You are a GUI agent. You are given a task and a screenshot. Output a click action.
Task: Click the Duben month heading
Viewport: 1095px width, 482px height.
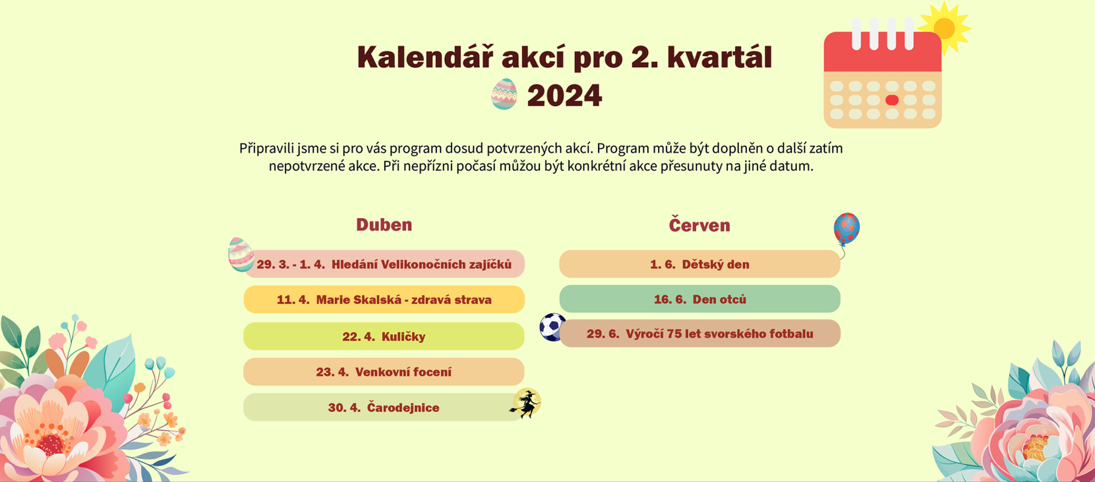[384, 225]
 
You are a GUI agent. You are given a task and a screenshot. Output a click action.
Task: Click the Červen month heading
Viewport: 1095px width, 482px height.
[699, 225]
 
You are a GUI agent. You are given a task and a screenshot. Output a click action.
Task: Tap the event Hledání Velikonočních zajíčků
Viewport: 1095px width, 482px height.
[384, 264]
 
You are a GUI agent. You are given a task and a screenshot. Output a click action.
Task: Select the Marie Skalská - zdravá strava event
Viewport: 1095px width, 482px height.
[384, 299]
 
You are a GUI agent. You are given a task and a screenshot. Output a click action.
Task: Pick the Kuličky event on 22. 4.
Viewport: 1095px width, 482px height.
[384, 336]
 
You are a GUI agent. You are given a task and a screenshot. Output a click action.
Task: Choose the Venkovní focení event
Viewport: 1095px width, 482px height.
[384, 372]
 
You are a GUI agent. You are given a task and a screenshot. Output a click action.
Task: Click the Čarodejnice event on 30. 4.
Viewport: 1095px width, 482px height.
[384, 407]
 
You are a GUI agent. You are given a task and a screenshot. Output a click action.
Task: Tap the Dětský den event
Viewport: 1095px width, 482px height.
[699, 264]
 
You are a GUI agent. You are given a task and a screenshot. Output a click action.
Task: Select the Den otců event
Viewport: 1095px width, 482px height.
[699, 299]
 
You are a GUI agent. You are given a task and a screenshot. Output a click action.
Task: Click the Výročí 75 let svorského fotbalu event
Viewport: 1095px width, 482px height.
[699, 334]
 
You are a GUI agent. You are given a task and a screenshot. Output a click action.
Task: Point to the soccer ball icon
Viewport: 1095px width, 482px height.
[552, 327]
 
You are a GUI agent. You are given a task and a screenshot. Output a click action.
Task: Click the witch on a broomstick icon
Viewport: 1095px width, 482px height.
[526, 404]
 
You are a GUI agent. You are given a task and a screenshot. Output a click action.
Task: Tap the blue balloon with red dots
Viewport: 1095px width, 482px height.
[846, 228]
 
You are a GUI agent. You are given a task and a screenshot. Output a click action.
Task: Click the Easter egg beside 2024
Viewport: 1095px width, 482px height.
[504, 94]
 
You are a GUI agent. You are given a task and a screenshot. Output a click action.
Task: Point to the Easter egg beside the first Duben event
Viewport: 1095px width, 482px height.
[241, 255]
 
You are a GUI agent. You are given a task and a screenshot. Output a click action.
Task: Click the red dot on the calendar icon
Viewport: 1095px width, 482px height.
[892, 100]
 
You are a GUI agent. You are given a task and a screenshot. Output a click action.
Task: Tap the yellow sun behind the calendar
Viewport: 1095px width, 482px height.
[945, 28]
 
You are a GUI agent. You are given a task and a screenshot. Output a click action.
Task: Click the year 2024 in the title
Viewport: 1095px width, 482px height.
[564, 96]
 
